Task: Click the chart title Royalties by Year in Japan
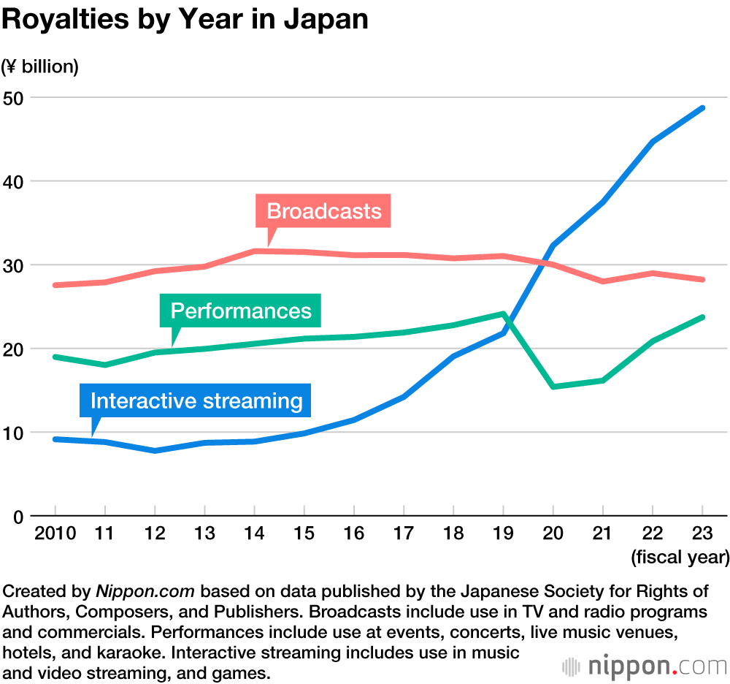point(184,20)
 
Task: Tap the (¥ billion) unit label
point(39,66)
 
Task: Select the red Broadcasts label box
point(323,211)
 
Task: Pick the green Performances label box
point(241,311)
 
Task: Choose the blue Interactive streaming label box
point(196,400)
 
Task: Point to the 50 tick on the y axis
point(15,97)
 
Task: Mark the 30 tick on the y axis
point(15,265)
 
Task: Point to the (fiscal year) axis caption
point(680,558)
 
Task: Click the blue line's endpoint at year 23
point(702,108)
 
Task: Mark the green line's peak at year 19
point(503,313)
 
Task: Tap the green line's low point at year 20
point(553,387)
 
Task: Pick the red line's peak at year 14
point(254,251)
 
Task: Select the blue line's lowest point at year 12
point(155,451)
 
